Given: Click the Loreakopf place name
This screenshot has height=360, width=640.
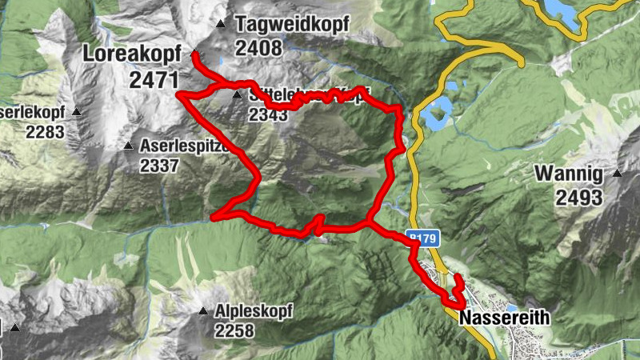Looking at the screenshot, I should coord(131,54).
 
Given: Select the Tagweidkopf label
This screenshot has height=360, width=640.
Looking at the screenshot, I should coord(292,25).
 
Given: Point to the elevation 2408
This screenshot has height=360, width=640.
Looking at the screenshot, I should coord(258,48).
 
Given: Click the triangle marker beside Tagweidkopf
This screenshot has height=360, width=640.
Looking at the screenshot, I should coord(221,23).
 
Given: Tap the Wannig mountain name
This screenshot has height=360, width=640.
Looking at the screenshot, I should coord(570,173).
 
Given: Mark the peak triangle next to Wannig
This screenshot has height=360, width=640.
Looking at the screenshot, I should coord(618,173).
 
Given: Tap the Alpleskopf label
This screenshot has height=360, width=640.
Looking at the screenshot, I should coord(254,310).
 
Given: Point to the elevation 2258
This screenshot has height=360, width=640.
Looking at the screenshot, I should coord(238,330).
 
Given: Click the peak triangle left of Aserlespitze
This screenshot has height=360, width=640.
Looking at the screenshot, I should coord(128,146).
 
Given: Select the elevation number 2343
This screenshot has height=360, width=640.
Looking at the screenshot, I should coord(268,114).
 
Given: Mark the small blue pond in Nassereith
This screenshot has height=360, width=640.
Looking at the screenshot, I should coord(510,307).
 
